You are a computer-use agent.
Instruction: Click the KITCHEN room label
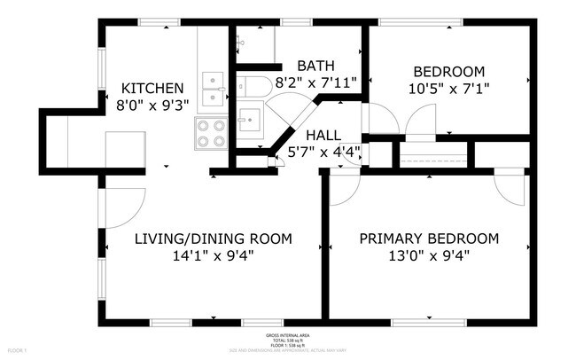152,89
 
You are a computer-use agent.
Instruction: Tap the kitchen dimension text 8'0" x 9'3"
152,105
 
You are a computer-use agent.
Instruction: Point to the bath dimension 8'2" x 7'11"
316,82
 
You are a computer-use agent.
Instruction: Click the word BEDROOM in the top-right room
449,72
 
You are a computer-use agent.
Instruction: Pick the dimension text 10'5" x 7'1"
449,88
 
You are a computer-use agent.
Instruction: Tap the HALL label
323,135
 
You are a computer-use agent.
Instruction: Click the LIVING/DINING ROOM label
213,239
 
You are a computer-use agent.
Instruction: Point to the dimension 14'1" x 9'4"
213,256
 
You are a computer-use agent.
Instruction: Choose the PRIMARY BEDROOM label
428,239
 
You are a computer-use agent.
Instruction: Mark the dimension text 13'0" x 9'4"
428,256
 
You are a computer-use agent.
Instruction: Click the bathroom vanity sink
249,118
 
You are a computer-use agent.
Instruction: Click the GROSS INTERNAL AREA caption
287,336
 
